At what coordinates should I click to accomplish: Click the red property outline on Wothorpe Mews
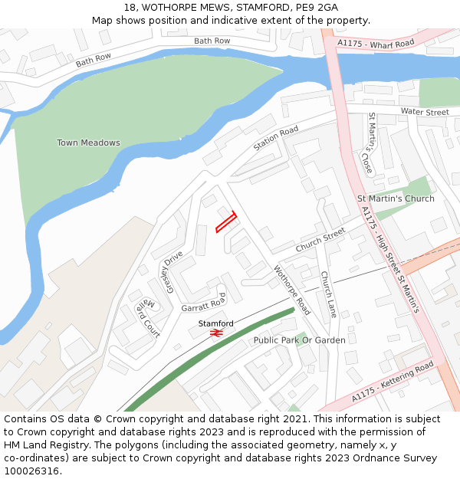[x=225, y=221]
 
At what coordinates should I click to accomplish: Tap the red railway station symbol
[x=216, y=333]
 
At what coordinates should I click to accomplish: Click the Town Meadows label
[x=88, y=143]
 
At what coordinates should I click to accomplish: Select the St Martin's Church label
[x=396, y=198]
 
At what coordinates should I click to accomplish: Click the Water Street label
[x=425, y=113]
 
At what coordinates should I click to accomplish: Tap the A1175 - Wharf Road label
[x=376, y=44]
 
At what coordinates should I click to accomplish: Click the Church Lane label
[x=328, y=295]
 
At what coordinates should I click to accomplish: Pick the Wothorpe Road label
[x=292, y=290]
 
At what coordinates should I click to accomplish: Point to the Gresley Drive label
[x=174, y=271]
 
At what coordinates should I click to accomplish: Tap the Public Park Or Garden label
[x=299, y=340]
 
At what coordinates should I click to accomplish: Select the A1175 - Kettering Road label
[x=392, y=381]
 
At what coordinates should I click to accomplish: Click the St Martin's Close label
[x=369, y=143]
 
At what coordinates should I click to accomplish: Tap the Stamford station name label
[x=216, y=323]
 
